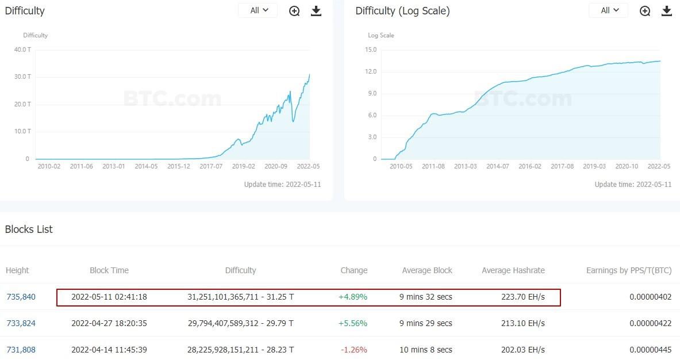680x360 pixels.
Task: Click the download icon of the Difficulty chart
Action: point(316,11)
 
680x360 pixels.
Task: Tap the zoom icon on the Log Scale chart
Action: point(645,11)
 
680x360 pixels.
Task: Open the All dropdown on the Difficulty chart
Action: point(258,10)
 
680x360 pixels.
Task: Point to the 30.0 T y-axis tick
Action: point(22,76)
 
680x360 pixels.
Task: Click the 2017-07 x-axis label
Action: point(211,167)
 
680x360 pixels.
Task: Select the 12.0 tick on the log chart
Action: point(371,71)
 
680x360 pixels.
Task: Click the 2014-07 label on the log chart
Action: point(498,167)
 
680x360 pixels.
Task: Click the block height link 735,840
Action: point(21,297)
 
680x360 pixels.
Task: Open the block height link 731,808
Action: point(21,350)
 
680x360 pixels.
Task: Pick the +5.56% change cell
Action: point(353,323)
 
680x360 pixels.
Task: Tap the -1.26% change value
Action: point(354,350)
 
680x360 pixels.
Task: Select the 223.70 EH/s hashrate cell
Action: point(523,297)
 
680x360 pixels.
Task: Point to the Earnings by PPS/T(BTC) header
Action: point(629,270)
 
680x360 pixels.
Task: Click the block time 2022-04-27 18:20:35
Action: point(109,323)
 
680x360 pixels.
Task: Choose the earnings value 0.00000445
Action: point(650,350)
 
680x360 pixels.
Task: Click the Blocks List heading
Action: point(29,229)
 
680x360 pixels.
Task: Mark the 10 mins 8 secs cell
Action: point(425,350)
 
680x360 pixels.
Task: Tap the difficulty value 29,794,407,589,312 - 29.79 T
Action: point(240,323)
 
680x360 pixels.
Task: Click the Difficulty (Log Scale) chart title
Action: point(402,11)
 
